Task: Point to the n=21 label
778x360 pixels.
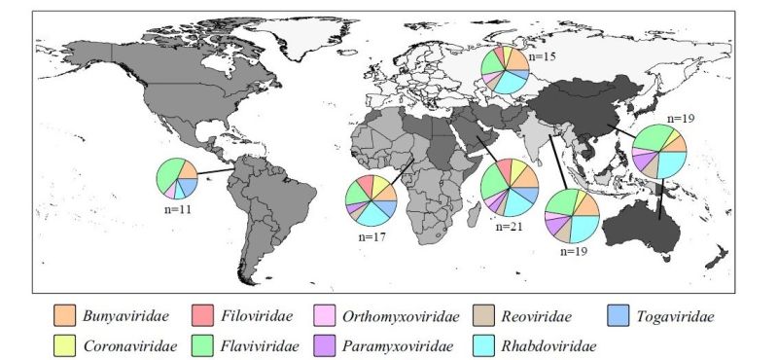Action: click(x=510, y=227)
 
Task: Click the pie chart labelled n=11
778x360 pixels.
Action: click(x=177, y=179)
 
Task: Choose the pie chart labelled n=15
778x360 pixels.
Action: click(x=505, y=71)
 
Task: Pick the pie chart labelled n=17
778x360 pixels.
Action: click(x=371, y=201)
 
